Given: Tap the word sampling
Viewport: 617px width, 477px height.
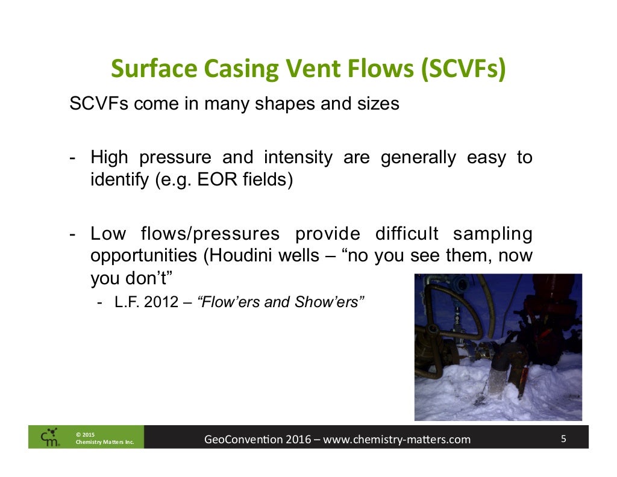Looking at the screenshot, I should [x=492, y=234].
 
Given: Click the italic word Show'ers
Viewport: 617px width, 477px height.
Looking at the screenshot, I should [x=333, y=302].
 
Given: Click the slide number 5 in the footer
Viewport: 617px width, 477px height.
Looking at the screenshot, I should [x=563, y=438].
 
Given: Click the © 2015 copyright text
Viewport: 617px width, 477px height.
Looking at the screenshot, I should [x=85, y=434].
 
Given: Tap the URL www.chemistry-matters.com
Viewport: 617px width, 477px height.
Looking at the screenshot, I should [x=396, y=439].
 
